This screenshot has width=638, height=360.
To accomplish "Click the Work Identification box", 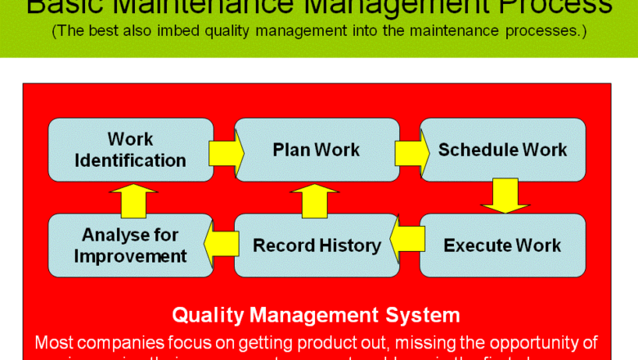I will click(131, 150).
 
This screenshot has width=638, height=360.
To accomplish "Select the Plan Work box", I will click(317, 150).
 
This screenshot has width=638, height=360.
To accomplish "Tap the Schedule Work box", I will click(502, 150).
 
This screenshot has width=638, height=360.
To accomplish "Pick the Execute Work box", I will click(502, 245).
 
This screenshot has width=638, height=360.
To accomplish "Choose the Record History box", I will click(317, 245).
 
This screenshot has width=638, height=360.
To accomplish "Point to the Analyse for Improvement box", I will click(131, 245).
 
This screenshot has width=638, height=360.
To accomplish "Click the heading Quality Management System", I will click(316, 315).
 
